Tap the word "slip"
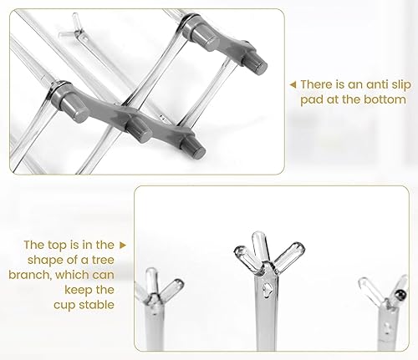pyautogui.click(x=400, y=85)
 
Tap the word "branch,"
pyautogui.click(x=30, y=275)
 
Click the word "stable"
pyautogui.click(x=95, y=305)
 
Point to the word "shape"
pyautogui.click(x=45, y=261)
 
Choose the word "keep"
pyautogui.click(x=76, y=290)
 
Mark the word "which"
pyautogui.click(x=73, y=275)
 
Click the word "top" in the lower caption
pyautogui.click(x=57, y=246)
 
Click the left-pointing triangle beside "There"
pyautogui.click(x=293, y=84)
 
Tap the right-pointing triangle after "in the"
pyautogui.click(x=123, y=245)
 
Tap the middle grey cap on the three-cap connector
pyautogui.click(x=139, y=129)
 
